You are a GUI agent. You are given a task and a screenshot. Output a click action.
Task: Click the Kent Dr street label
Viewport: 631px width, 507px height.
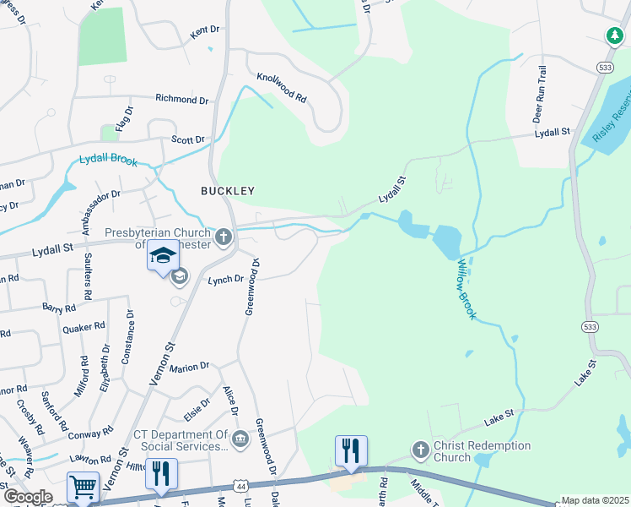point(205,30)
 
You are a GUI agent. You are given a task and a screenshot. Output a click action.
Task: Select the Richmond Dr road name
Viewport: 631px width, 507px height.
point(182,100)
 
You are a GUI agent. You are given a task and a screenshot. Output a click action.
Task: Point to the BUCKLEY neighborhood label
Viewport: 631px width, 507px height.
point(226,191)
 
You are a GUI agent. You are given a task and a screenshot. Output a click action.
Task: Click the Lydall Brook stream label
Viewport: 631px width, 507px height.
point(107,159)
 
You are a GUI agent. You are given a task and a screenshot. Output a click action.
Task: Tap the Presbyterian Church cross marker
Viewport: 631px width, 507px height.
point(224,236)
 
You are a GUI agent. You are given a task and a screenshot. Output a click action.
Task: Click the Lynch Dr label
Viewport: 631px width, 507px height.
point(225,278)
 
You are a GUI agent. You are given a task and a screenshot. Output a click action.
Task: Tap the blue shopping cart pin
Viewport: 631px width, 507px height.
point(83,487)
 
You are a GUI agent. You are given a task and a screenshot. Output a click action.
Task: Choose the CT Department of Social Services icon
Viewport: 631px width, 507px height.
point(240,438)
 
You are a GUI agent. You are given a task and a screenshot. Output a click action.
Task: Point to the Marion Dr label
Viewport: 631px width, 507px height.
point(189,367)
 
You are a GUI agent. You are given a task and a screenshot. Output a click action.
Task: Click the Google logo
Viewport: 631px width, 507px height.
point(28,497)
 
